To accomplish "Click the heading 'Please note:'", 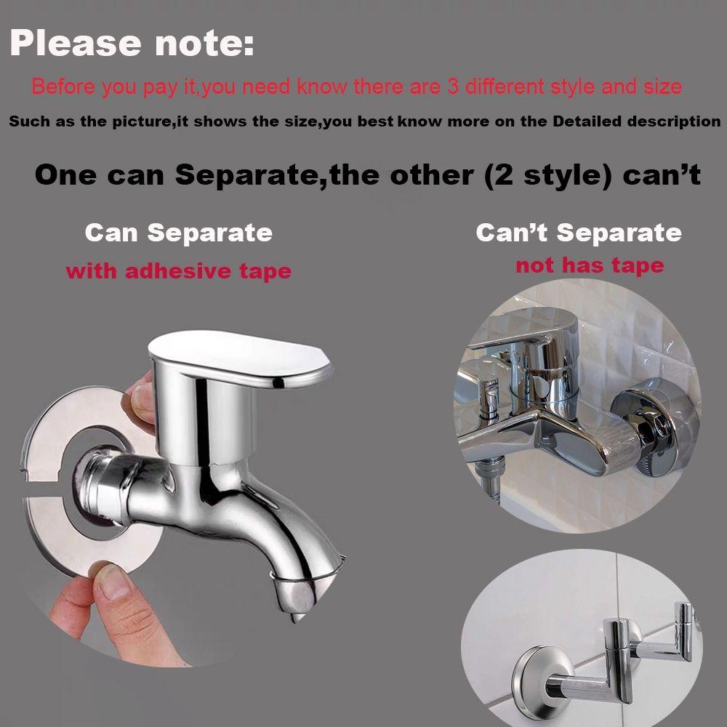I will [x=132, y=44].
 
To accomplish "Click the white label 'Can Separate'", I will [x=178, y=233].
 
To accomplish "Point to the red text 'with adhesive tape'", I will [x=178, y=272].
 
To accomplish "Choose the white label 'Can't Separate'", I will [x=579, y=233].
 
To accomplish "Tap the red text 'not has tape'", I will [x=590, y=265].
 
